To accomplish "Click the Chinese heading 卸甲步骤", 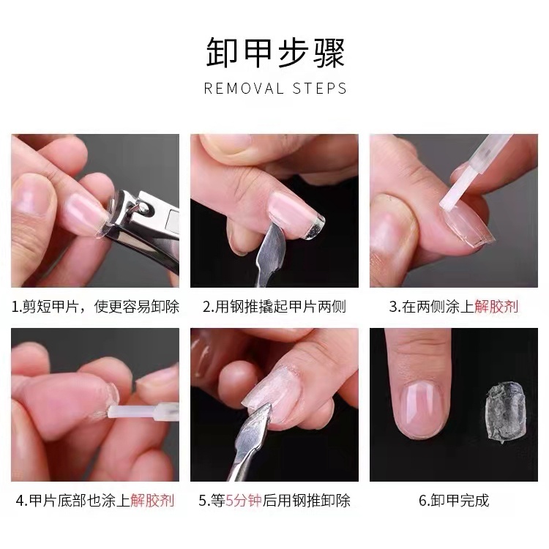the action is point(275,53).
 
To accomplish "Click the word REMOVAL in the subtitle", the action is point(244,89).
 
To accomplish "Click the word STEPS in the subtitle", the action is point(319,89).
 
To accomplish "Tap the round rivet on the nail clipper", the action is point(144,209).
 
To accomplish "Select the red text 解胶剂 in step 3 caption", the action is point(496,307).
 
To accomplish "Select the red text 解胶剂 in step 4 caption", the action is point(152,501).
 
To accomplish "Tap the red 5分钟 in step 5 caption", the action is point(244,501).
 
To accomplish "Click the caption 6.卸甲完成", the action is point(454,501).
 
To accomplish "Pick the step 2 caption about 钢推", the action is point(274,307).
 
